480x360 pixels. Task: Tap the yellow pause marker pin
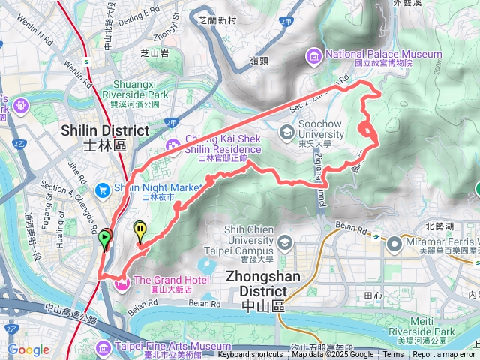pos(140,229)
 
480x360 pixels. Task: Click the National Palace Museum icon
pos(313,55)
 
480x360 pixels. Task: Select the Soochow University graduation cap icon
pos(286,133)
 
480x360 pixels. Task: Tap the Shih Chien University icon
pos(285,242)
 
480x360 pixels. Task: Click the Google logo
pos(28,349)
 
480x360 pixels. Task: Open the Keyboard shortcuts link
pos(250,355)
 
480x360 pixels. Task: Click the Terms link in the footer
pos(393,355)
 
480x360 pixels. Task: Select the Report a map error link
pos(444,355)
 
